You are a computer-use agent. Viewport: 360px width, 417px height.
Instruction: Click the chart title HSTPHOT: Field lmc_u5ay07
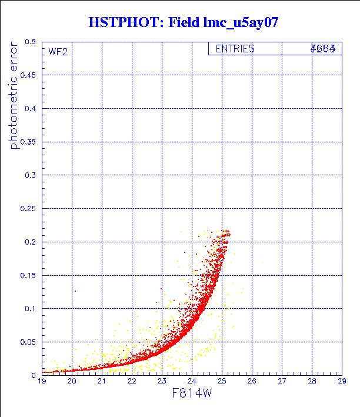coord(183,22)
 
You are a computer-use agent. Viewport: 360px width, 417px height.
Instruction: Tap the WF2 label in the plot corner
coord(58,52)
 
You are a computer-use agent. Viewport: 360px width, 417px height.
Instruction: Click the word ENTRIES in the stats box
coord(235,49)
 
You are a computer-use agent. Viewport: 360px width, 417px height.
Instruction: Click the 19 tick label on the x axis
coord(42,382)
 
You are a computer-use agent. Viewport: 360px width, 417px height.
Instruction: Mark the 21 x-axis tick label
coord(102,382)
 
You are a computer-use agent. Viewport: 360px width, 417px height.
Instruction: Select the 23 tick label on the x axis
coord(162,382)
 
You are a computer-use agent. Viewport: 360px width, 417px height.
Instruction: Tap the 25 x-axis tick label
coord(221,382)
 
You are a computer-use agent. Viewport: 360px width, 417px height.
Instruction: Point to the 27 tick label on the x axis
coord(281,382)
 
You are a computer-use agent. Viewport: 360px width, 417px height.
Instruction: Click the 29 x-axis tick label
coord(341,382)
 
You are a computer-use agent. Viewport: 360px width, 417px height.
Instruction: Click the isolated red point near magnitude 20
coord(75,291)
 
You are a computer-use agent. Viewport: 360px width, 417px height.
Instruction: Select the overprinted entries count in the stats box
coord(323,49)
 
